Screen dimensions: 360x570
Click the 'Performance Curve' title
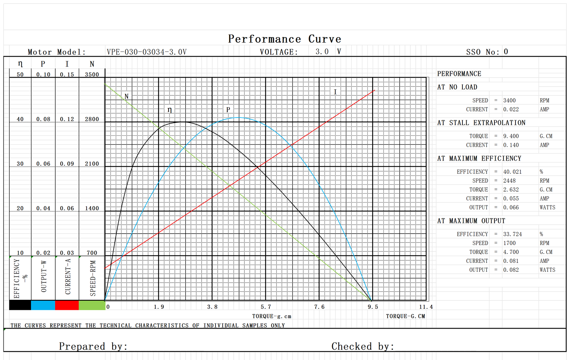click(x=284, y=39)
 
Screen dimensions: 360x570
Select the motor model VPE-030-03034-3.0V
click(x=146, y=52)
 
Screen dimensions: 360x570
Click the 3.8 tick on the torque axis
click(x=212, y=307)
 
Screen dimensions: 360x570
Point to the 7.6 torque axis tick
click(x=319, y=307)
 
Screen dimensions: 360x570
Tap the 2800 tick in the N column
click(x=92, y=119)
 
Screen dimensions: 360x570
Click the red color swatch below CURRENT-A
click(x=67, y=305)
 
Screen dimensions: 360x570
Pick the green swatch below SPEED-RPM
click(x=92, y=305)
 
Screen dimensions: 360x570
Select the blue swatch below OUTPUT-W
click(x=43, y=305)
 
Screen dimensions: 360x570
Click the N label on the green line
click(x=126, y=96)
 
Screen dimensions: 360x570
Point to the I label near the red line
click(x=335, y=92)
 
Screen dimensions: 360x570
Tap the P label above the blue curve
click(x=228, y=109)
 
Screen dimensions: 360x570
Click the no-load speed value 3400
click(x=509, y=101)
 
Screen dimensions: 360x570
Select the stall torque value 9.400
click(x=511, y=136)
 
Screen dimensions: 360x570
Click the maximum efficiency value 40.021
click(x=512, y=172)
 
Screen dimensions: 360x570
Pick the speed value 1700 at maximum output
click(x=509, y=243)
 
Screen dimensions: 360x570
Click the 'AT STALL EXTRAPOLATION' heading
click(x=481, y=123)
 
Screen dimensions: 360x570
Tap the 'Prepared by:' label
click(x=93, y=346)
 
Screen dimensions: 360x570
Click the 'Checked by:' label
click(x=363, y=346)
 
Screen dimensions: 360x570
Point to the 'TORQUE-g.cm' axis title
click(x=271, y=316)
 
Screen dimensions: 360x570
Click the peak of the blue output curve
click(x=238, y=118)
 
